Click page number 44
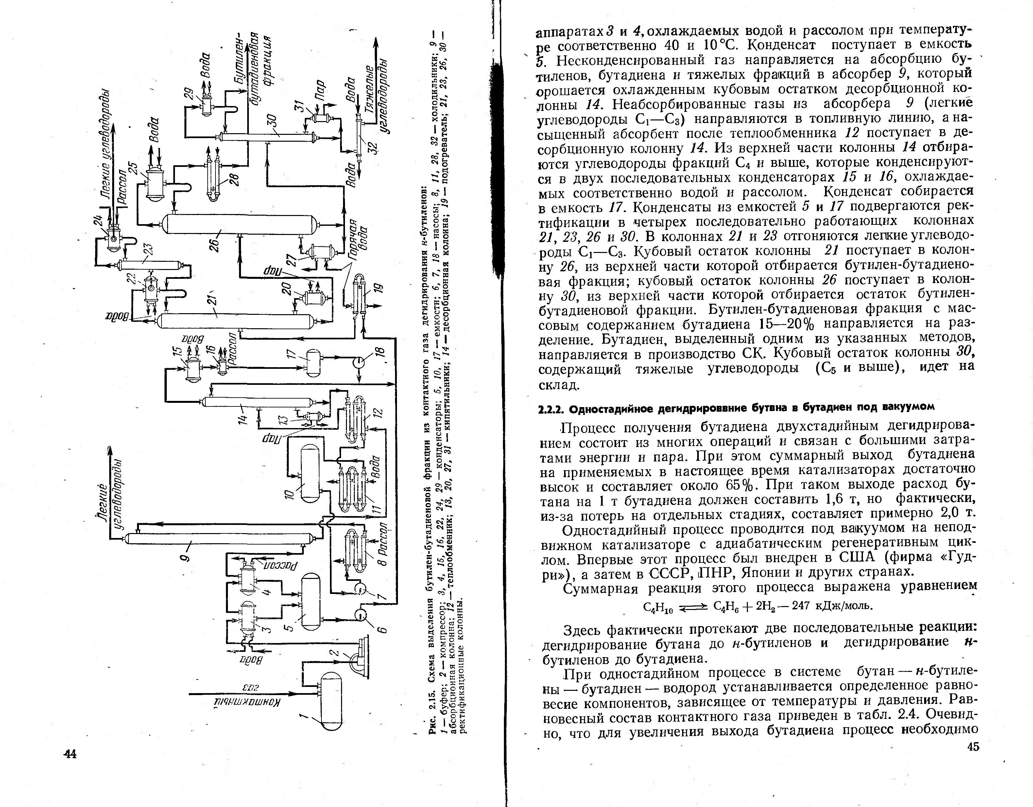coord(70,754)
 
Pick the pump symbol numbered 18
coord(359,363)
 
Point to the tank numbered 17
coord(313,363)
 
